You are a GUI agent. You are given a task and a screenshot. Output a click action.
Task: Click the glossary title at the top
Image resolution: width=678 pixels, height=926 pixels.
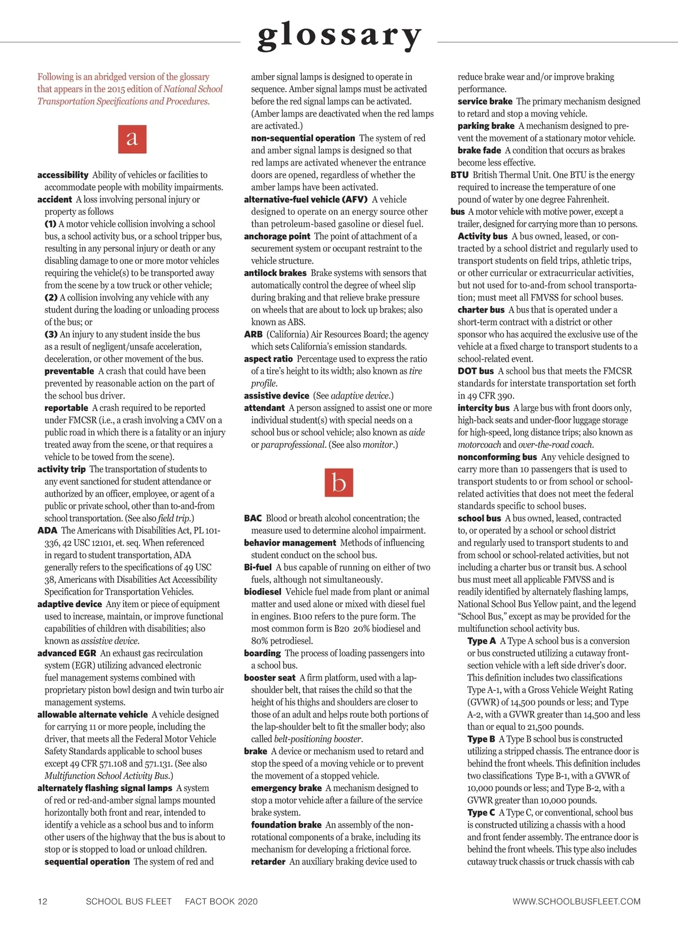(x=339, y=36)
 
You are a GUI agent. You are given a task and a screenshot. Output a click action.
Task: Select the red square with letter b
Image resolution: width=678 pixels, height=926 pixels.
(x=339, y=483)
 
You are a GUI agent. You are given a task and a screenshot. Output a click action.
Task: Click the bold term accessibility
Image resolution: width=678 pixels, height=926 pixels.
(x=63, y=175)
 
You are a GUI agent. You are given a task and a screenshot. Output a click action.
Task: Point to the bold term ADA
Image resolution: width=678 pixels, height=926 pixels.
(x=47, y=531)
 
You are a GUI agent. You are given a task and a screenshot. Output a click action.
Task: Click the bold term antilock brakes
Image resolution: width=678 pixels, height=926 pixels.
(x=275, y=273)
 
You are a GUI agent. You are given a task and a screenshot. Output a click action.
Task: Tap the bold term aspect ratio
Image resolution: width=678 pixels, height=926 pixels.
(x=268, y=359)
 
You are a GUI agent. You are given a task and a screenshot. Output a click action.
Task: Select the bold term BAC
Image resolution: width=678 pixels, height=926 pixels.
(x=253, y=518)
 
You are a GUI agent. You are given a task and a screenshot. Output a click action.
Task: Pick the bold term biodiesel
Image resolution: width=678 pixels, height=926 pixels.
(x=262, y=592)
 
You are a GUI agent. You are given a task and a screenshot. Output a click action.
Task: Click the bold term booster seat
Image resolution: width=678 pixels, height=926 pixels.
(x=270, y=678)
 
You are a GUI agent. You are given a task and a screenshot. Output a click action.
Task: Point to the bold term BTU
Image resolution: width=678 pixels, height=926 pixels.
(x=459, y=175)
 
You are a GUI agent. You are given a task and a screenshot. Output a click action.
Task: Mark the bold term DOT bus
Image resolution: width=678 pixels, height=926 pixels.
(x=476, y=371)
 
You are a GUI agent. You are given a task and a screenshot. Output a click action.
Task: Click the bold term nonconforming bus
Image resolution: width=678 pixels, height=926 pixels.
(x=497, y=457)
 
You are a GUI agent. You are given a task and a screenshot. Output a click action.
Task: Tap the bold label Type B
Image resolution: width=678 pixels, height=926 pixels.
(x=481, y=739)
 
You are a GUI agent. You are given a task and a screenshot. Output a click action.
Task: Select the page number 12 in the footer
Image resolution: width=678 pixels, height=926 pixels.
(x=43, y=902)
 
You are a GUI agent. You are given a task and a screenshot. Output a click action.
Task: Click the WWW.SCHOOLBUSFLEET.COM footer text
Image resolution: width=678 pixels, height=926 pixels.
(x=576, y=902)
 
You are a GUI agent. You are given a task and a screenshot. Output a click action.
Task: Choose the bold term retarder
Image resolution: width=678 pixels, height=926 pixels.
(x=268, y=862)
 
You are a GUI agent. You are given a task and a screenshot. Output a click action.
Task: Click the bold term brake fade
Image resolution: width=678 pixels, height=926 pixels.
(x=479, y=150)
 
